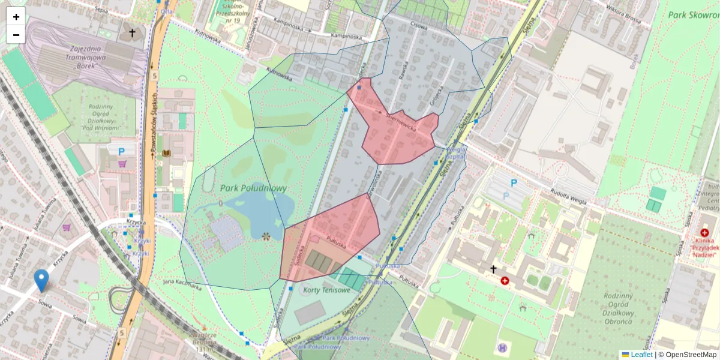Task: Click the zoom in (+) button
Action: point(16,17)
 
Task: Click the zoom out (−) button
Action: point(16,35)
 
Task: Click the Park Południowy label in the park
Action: point(253,188)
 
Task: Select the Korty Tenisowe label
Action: point(326,290)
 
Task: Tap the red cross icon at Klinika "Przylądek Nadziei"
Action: point(704,233)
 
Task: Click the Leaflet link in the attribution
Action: point(641,355)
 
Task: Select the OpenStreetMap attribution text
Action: point(690,355)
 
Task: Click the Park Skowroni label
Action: point(693,15)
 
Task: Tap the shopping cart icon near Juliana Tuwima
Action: point(67,228)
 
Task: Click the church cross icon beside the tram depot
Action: point(132,33)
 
